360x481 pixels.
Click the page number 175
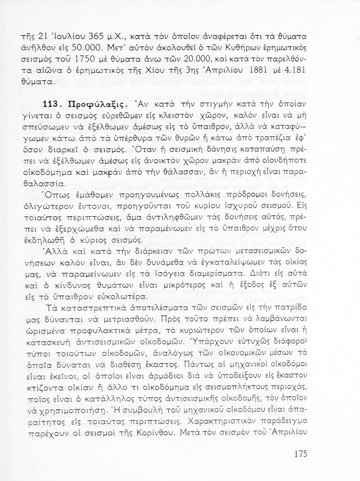point(300,454)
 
